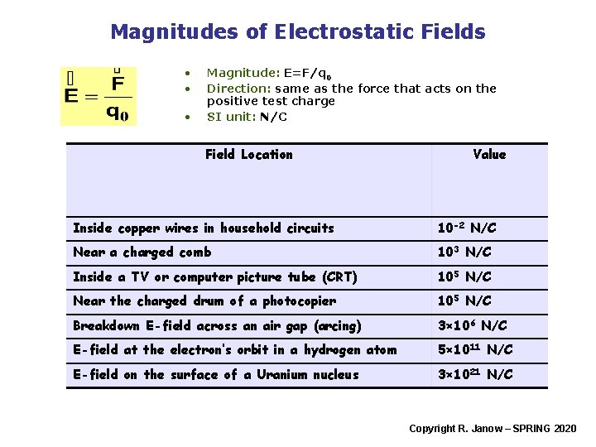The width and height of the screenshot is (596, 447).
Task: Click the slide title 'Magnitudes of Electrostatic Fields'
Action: tap(297, 32)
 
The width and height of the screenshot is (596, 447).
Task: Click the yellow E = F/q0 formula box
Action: tap(98, 95)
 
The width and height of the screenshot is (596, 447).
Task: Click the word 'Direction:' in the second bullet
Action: tap(238, 89)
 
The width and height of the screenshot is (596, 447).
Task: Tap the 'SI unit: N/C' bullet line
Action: tap(247, 117)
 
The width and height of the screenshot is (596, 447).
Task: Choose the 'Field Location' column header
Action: tap(248, 154)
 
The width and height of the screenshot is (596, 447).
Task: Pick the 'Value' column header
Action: tap(489, 154)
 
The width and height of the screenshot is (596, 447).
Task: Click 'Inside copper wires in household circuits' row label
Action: tap(204, 228)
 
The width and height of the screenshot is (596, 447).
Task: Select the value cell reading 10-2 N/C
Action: tap(467, 228)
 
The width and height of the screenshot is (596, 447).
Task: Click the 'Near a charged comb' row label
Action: tap(142, 252)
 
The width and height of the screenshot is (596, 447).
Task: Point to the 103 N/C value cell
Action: tap(464, 252)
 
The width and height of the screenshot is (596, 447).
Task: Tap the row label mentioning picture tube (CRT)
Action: tap(215, 276)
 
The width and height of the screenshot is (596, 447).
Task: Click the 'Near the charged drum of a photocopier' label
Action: tap(204, 300)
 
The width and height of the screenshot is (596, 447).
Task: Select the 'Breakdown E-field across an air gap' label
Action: tap(217, 325)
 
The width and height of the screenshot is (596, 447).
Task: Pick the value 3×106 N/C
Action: tap(472, 325)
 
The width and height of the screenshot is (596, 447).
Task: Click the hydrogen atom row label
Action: tap(235, 350)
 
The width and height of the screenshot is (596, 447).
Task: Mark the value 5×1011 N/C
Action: tap(475, 350)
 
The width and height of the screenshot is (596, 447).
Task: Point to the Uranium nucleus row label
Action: tap(216, 374)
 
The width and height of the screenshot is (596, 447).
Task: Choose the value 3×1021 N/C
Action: tap(475, 374)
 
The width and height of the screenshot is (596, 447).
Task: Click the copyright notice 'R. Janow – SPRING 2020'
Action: tap(493, 428)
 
